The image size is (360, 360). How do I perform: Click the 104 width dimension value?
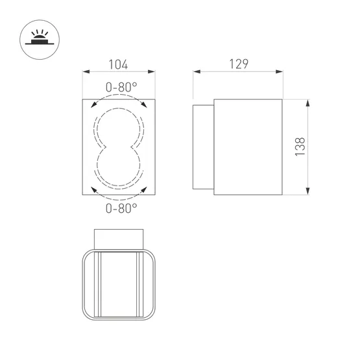click(117, 64)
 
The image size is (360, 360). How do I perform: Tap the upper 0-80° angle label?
click(121, 86)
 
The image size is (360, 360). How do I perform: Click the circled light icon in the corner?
click(36, 38)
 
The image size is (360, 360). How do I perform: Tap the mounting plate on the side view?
click(203, 147)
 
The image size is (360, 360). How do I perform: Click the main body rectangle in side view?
click(248, 147)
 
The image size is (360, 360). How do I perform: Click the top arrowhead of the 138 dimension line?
click(307, 103)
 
